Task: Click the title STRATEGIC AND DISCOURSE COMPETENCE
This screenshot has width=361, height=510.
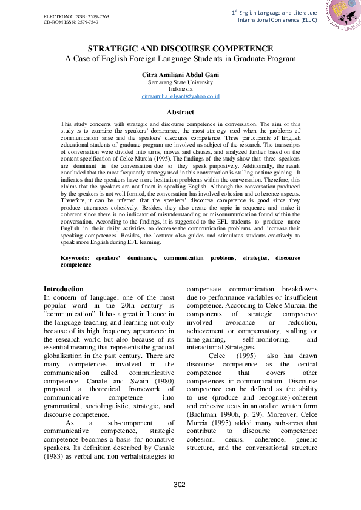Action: pyautogui.click(x=180, y=48)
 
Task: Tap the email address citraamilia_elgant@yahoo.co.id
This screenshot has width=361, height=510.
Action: pyautogui.click(x=180, y=96)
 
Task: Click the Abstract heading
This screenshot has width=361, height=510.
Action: pyautogui.click(x=180, y=112)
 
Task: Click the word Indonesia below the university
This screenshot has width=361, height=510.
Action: pyautogui.click(x=180, y=88)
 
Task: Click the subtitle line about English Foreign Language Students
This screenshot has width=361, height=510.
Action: pyautogui.click(x=180, y=59)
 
